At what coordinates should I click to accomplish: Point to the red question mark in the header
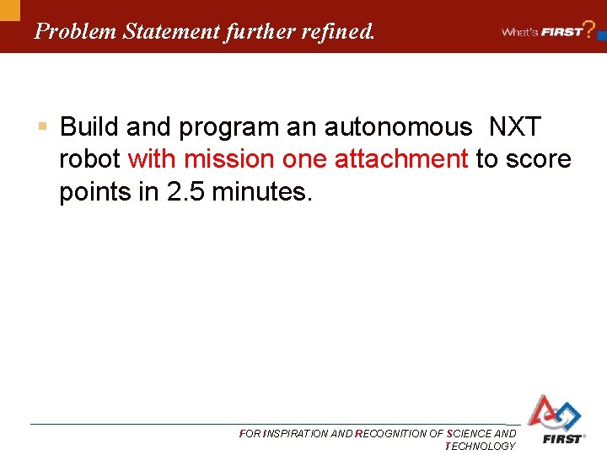(x=590, y=27)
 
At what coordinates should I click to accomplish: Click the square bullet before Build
(x=41, y=127)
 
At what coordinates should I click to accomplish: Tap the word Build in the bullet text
(x=87, y=127)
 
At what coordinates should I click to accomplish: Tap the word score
(x=539, y=159)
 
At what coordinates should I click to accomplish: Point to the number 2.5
(x=185, y=191)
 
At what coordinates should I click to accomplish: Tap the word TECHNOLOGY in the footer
(x=480, y=446)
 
